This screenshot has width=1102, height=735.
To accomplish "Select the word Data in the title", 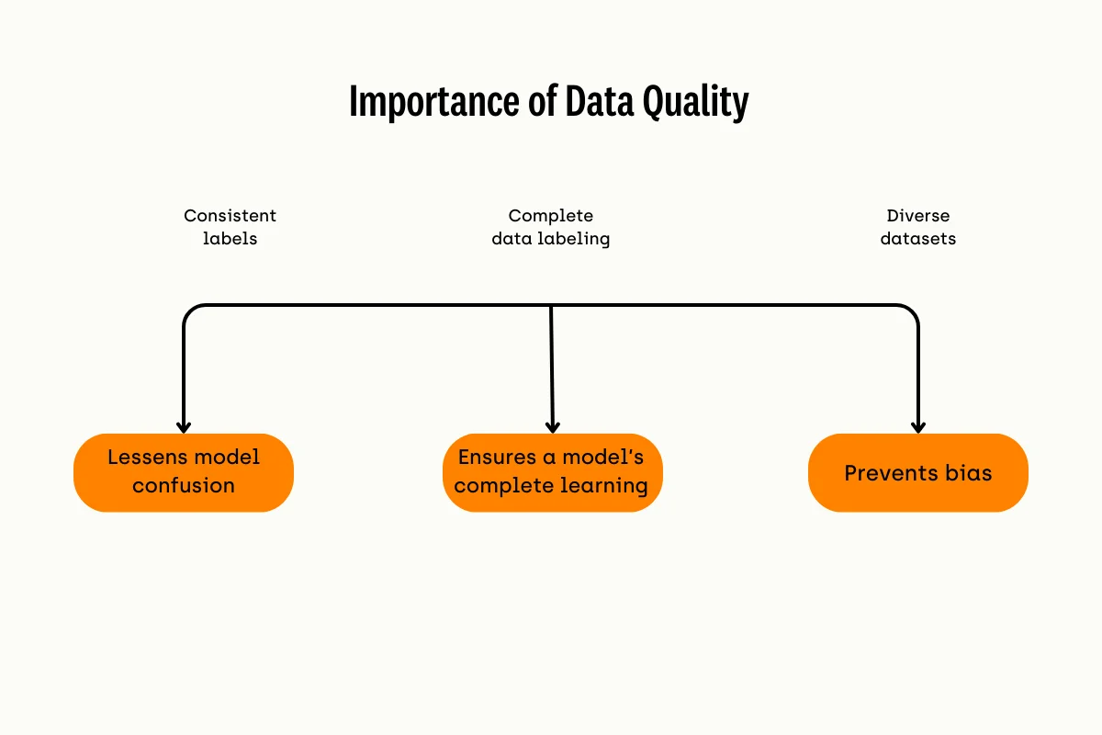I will click(598, 102).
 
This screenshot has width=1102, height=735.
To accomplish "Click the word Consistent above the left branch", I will click(230, 216).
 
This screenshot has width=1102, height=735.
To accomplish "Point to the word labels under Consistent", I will click(230, 239).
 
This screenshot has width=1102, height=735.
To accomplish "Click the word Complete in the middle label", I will click(551, 216).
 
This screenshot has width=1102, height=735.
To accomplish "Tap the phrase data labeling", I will click(551, 239).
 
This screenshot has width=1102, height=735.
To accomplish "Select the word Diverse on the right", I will click(918, 216).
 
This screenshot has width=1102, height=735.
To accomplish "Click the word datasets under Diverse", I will click(918, 239).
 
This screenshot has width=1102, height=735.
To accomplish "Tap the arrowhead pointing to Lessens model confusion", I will click(184, 427).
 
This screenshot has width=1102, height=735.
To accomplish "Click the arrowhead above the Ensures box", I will click(552, 427).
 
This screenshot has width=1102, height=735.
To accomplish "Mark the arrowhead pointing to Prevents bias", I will click(917, 427).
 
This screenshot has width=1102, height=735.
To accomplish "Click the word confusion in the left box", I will click(184, 485).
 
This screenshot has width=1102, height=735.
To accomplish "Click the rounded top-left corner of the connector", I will click(190, 311).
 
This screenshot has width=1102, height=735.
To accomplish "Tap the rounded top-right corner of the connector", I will click(911, 311).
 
